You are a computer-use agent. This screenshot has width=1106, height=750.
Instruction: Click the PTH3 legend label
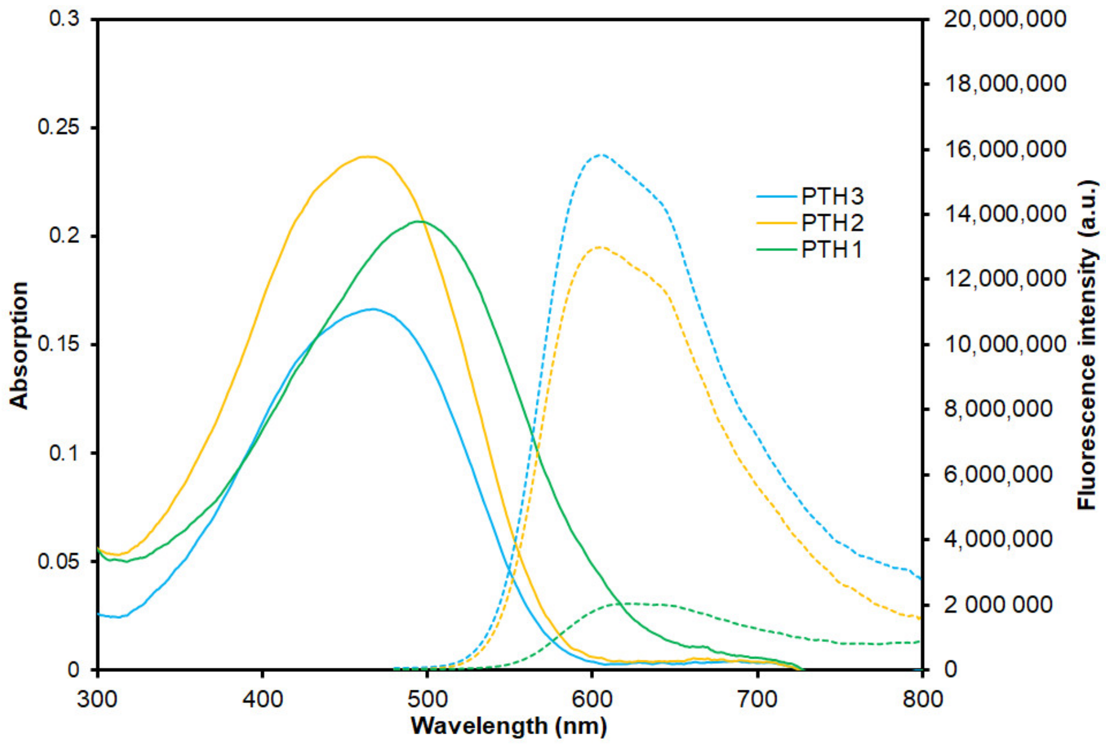point(832,196)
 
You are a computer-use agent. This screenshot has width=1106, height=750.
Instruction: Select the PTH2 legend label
point(832,223)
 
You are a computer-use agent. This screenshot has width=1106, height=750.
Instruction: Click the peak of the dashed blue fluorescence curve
point(601,154)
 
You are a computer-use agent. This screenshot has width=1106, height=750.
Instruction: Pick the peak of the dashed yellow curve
point(600,247)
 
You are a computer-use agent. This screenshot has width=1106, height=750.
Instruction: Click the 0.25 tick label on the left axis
point(59,127)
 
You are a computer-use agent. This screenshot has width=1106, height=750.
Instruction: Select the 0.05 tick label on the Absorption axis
point(59,561)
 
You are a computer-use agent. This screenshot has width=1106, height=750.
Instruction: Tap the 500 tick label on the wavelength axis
point(427,698)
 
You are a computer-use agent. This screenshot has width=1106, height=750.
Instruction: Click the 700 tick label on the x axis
point(757,698)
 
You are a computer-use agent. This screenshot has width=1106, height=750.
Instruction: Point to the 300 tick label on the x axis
point(97,698)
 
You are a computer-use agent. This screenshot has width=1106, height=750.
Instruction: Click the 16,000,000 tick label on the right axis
point(1005,149)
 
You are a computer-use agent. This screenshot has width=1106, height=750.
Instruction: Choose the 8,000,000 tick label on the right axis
point(998,409)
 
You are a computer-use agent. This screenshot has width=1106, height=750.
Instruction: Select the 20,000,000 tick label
point(1005,19)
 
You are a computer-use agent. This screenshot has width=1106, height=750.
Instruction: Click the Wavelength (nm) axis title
point(509,726)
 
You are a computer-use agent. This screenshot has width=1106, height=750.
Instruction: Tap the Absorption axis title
point(19,345)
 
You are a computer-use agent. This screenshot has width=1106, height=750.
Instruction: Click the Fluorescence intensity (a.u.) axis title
point(1087,345)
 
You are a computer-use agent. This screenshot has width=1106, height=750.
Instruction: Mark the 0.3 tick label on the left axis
point(64,19)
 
